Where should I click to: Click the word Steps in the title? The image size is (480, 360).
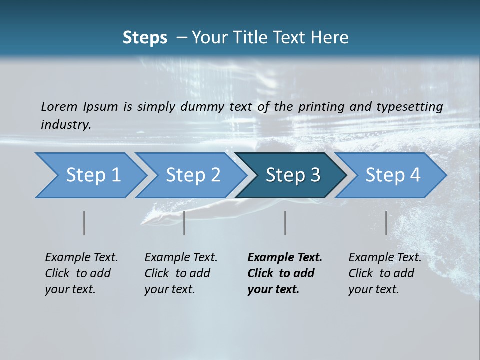point(145,38)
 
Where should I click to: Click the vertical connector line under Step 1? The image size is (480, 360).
point(84,223)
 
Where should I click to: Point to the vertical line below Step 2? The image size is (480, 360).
point(184,223)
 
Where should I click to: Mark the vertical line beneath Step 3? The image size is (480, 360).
point(285,223)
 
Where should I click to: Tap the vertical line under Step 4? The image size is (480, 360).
point(386,223)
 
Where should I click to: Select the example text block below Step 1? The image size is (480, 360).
point(81,273)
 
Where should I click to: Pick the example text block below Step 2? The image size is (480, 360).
point(181,273)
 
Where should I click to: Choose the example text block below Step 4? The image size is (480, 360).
point(385,273)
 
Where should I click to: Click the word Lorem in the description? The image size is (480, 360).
point(59,106)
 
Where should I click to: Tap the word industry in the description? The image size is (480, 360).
point(66,125)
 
